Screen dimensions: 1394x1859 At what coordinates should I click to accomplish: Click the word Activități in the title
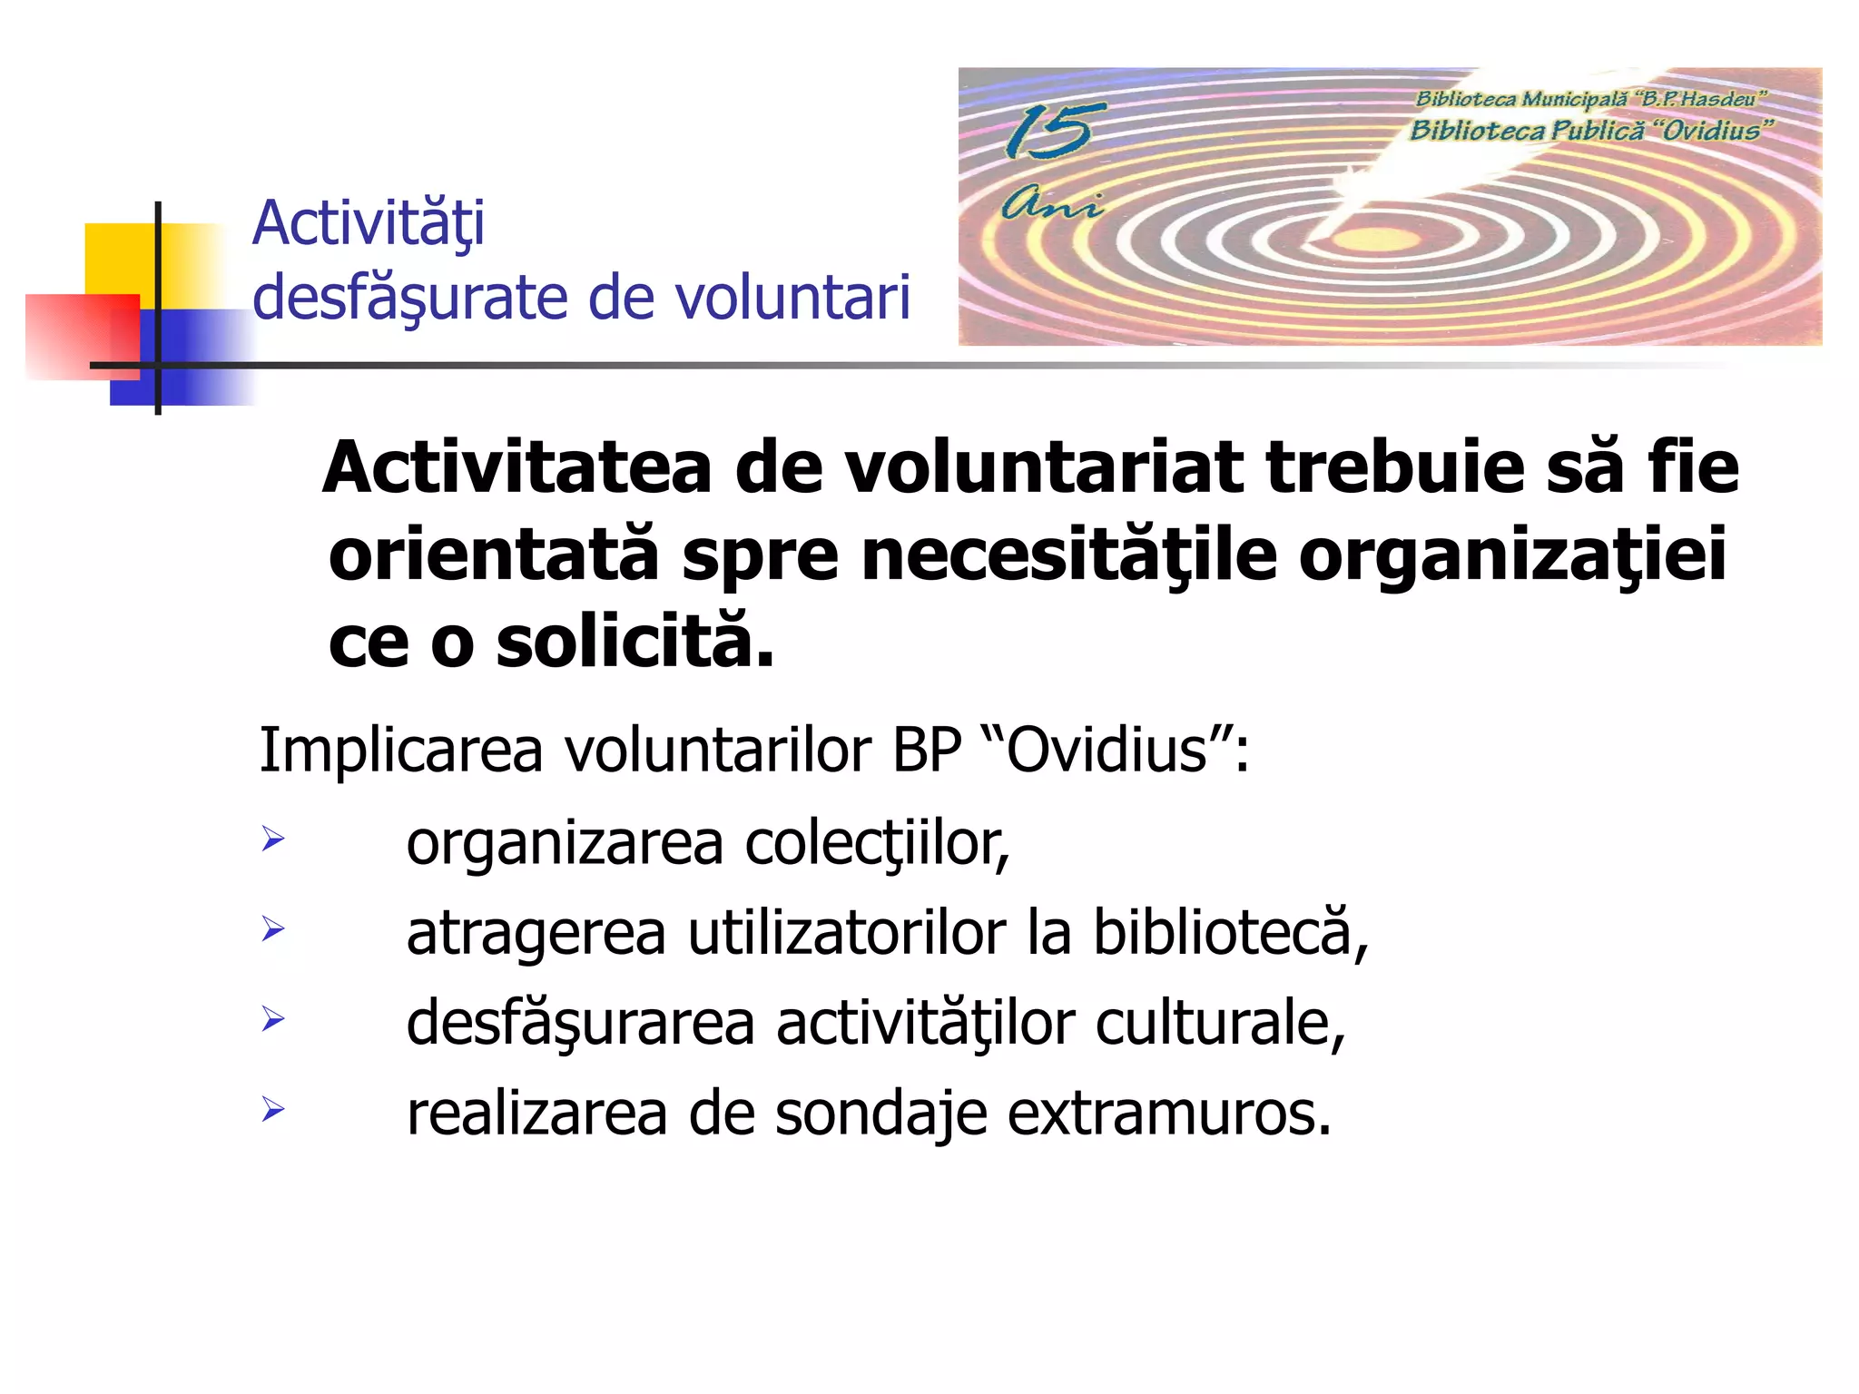[x=368, y=223]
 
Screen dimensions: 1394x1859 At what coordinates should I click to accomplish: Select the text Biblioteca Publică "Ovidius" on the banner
[x=1590, y=131]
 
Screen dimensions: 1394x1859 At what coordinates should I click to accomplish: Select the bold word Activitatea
[x=517, y=468]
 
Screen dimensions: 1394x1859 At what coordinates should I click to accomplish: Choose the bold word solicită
[x=635, y=642]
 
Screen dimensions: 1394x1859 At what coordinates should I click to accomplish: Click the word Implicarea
[x=400, y=751]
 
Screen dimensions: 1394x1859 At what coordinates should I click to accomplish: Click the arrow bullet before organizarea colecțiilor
[x=272, y=839]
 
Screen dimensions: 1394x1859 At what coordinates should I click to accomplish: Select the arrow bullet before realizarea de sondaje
[x=272, y=1109]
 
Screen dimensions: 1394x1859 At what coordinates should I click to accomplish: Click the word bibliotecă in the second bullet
[x=1230, y=933]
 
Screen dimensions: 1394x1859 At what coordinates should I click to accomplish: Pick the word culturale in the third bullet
[x=1220, y=1024]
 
